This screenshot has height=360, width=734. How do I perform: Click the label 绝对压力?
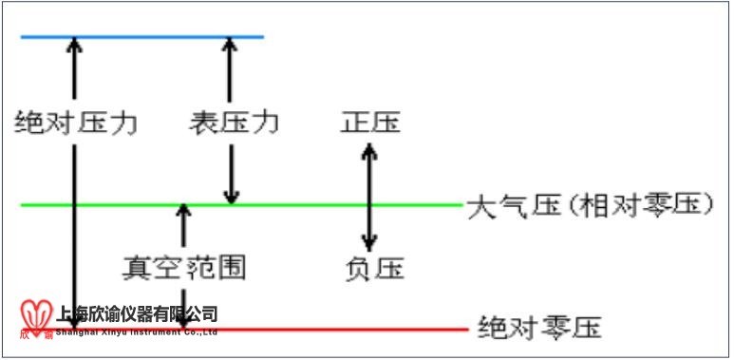77,123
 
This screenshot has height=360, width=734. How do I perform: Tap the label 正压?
370,123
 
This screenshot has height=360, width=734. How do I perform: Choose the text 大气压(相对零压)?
590,205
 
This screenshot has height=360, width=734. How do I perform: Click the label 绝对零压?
540,330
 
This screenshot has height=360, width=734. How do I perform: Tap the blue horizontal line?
142,37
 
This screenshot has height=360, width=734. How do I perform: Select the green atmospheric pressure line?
285,204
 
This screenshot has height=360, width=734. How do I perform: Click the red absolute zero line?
380,330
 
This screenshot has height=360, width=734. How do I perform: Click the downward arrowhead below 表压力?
229,196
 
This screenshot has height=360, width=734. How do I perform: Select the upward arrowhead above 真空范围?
184,211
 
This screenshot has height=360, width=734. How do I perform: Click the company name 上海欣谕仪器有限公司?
138,313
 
